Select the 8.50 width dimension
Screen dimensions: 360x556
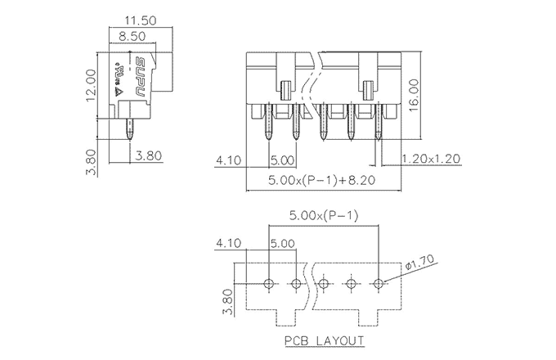pos(133,36)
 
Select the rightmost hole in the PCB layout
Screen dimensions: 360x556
pos(379,283)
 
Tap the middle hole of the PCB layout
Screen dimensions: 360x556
pos(325,283)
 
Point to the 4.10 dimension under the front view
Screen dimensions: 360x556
pos(230,160)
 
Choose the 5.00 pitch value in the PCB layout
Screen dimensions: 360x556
pos(283,243)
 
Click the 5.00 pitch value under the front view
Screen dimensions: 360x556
pos(285,160)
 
